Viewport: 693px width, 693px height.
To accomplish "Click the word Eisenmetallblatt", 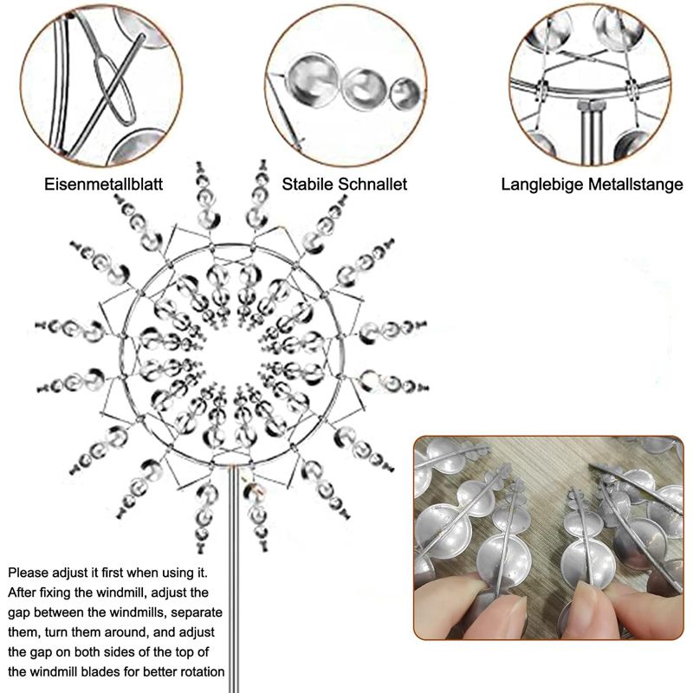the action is (x=103, y=184).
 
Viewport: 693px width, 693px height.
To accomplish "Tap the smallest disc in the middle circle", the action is (x=405, y=94).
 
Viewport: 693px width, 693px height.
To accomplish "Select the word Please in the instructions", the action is (x=29, y=573).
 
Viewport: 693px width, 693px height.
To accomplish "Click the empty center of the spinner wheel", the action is (x=233, y=353).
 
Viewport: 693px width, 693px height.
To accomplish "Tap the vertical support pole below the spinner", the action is (x=234, y=579).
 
